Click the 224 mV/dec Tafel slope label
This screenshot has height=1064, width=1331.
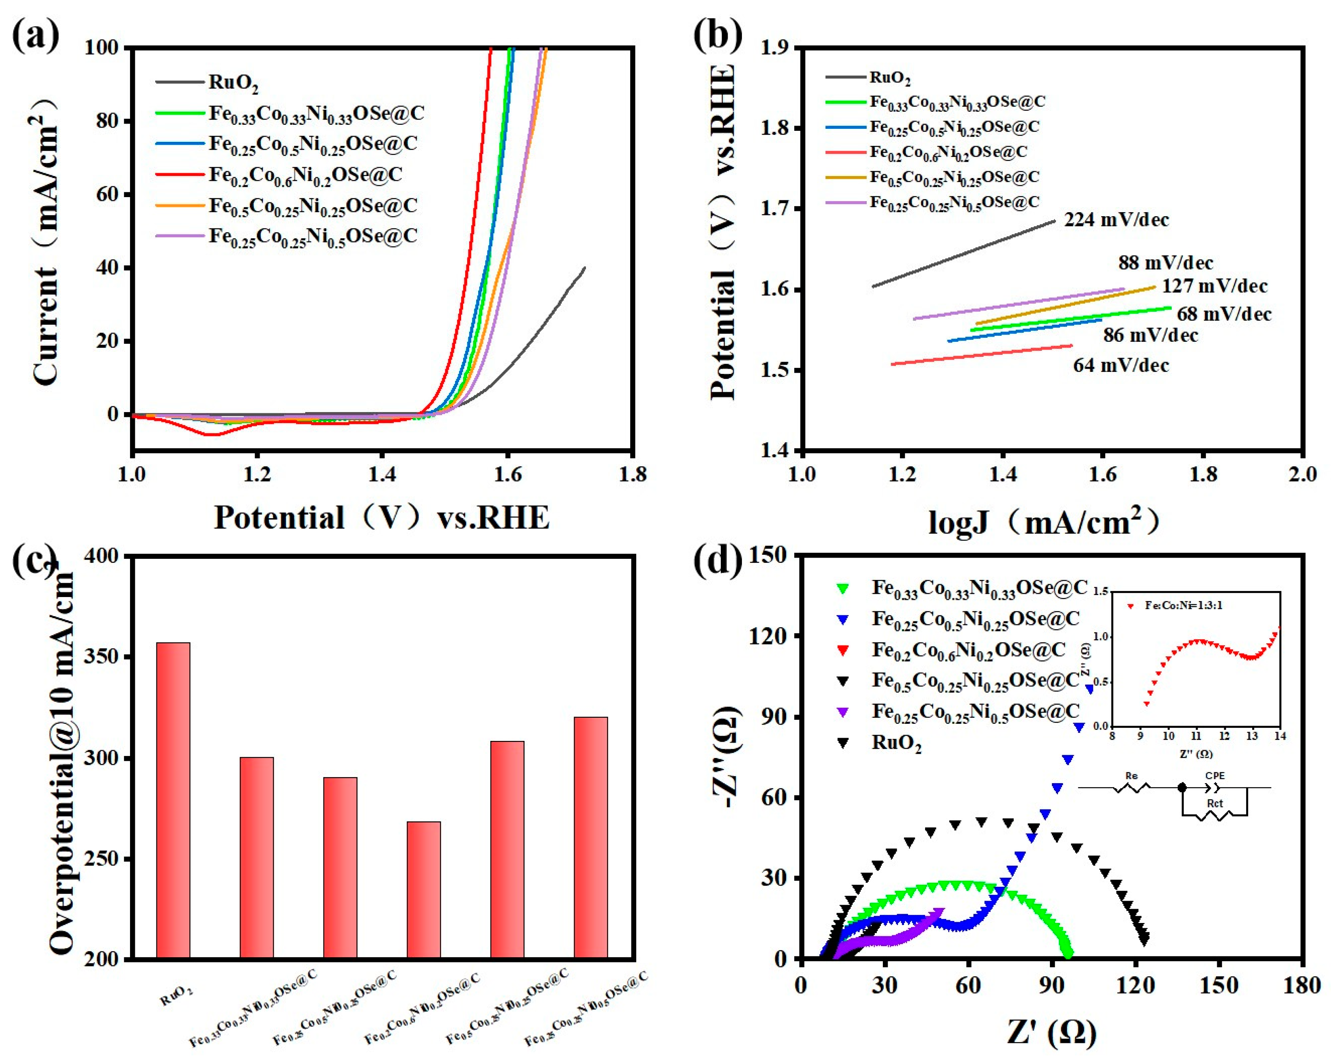tap(1116, 220)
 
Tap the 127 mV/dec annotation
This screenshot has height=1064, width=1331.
tap(1214, 286)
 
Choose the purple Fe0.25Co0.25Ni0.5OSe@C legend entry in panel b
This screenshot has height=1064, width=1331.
tap(954, 202)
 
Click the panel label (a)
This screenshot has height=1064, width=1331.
tap(36, 36)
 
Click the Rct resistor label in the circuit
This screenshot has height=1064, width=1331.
tap(1214, 803)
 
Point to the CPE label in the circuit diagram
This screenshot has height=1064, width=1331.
tap(1215, 775)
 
